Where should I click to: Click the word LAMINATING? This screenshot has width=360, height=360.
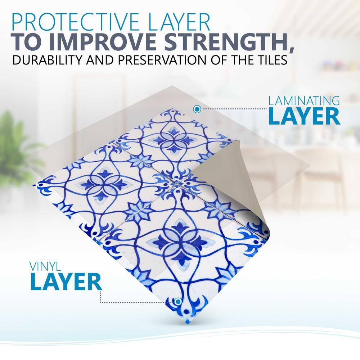coord(304,101)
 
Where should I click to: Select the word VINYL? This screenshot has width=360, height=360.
coord(45,266)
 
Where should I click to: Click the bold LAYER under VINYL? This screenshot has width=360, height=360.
coord(66,282)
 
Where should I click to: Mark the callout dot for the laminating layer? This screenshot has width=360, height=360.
coord(197,109)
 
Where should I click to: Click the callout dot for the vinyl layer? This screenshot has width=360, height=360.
coord(178,301)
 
